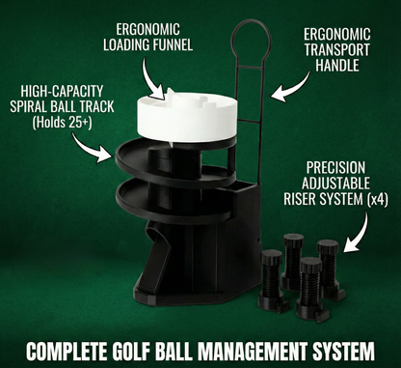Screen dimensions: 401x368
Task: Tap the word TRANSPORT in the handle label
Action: point(337,49)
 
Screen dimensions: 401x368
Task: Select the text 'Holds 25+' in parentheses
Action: point(62,123)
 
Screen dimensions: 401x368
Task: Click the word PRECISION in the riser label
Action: point(335,168)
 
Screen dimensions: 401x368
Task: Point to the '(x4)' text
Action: point(377,200)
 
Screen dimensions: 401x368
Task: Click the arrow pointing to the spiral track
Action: point(90,149)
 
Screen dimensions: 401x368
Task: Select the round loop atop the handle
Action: point(252,41)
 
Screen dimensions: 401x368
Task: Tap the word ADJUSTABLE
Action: point(335,184)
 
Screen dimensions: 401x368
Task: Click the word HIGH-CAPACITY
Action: point(62,91)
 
